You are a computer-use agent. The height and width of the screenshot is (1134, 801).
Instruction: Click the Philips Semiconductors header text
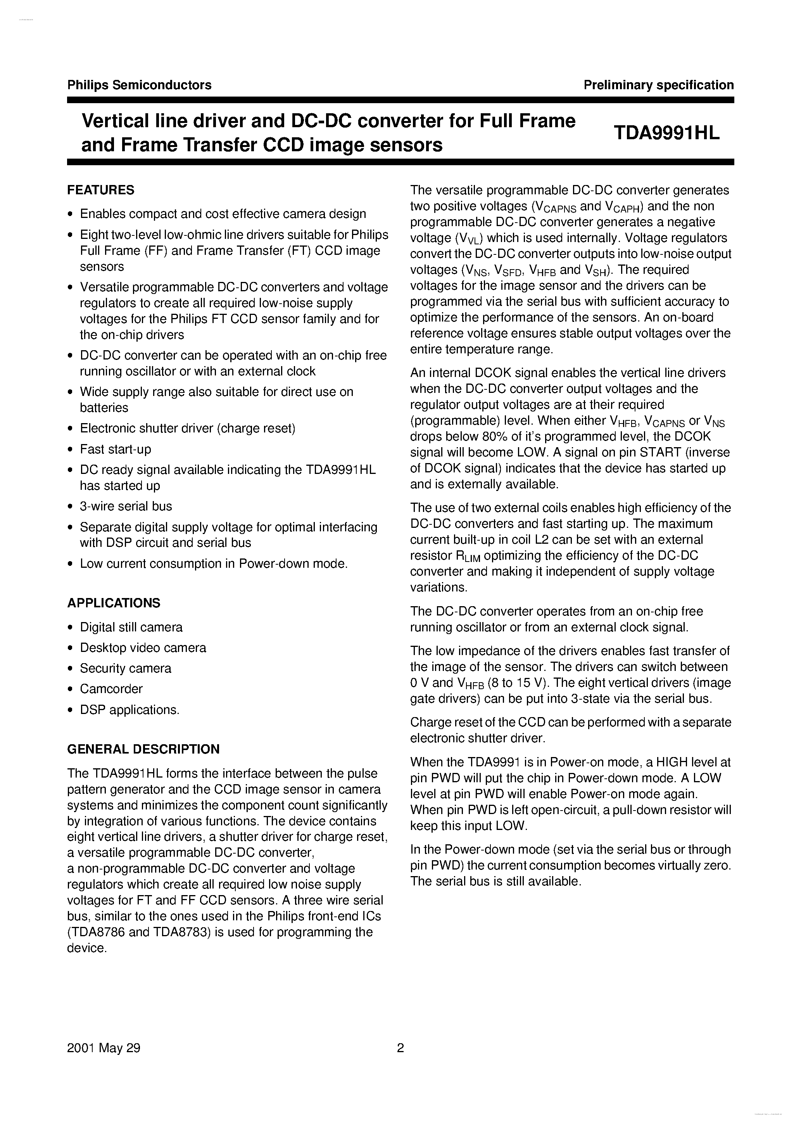[x=139, y=85]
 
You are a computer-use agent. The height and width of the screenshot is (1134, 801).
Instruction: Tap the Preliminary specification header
[x=658, y=85]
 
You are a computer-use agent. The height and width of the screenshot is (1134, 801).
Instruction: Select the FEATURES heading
[x=101, y=190]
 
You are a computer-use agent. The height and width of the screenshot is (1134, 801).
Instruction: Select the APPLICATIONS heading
[x=114, y=603]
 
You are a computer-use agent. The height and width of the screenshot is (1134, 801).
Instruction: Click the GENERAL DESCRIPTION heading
[x=143, y=749]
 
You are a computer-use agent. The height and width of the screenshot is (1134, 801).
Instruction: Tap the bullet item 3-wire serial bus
[x=126, y=506]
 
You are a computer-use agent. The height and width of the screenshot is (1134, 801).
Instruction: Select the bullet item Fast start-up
[x=116, y=449]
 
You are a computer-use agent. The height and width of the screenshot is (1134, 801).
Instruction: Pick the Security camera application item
[x=126, y=668]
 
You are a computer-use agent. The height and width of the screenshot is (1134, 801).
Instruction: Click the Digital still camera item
[x=131, y=627]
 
